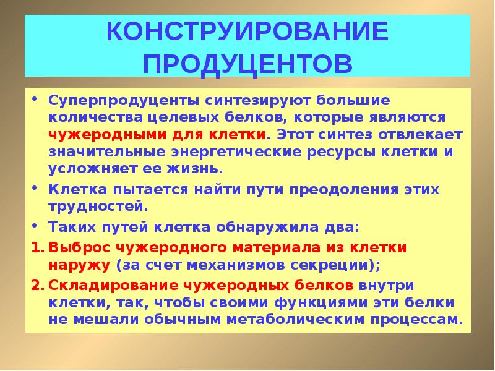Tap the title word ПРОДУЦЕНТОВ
pos(247,62)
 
